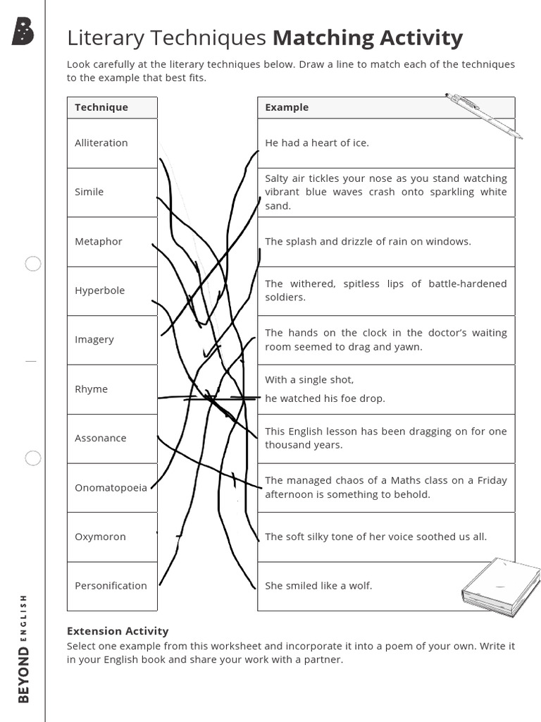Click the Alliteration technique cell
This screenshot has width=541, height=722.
coord(101,143)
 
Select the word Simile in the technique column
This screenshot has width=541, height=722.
coord(89,192)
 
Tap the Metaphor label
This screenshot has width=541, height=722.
coord(99,241)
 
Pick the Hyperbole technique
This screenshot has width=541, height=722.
coord(99,290)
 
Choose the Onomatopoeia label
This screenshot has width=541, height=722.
coord(111,487)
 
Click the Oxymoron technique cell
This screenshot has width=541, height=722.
coord(100,537)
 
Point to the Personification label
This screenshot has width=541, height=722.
coord(111,586)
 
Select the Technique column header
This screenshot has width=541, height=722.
coord(101,107)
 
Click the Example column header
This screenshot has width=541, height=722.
coord(287,107)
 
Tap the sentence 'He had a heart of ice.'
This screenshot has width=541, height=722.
coord(317,143)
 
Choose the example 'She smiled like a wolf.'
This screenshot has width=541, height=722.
coord(318,586)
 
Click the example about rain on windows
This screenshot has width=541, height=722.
coord(368,241)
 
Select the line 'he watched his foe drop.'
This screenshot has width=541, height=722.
coord(325,398)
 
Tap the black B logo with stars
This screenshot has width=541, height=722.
coord(23,32)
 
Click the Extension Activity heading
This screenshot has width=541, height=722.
coord(118,631)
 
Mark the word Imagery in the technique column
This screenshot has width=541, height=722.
coord(94,340)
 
